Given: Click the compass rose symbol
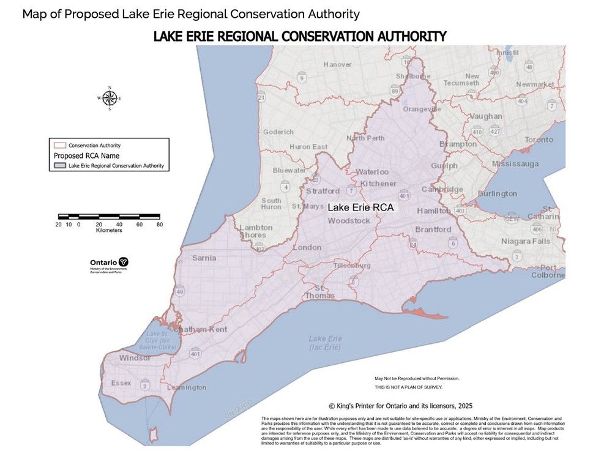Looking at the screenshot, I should [x=110, y=98].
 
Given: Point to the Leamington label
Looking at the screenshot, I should [x=186, y=387].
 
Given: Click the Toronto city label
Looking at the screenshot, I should [x=539, y=140].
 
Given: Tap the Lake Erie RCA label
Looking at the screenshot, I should [x=360, y=207].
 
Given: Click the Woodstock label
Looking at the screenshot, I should [x=349, y=220].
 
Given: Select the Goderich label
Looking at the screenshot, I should [x=278, y=132].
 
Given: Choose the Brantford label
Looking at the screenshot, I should [x=433, y=229].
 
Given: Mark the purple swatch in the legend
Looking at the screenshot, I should [x=59, y=166].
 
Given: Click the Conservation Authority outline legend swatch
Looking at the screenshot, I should [x=59, y=146].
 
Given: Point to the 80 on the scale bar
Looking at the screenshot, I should [x=159, y=224].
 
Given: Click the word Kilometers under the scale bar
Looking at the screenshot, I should [x=108, y=230].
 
